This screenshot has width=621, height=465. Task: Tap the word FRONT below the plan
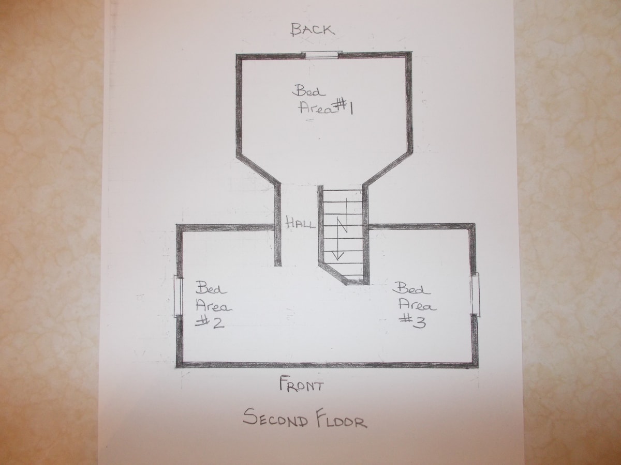(x=301, y=384)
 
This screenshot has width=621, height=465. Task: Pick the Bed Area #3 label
(x=417, y=305)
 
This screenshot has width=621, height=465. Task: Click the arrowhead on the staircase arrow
(x=338, y=255)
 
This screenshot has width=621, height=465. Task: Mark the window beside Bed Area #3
(x=475, y=294)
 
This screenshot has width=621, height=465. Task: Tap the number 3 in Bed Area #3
(x=418, y=322)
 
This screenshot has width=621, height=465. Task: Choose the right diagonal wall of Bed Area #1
(x=388, y=169)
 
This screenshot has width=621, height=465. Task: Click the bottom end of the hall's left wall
(x=278, y=265)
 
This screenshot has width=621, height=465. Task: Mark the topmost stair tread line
(x=343, y=190)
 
